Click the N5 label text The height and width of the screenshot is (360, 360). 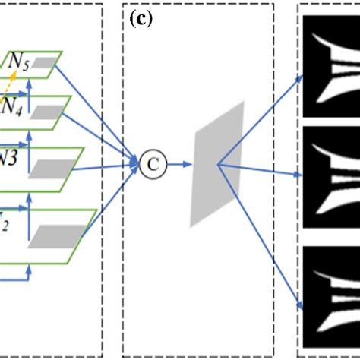coord(20,65)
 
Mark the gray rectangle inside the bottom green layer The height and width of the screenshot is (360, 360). coord(49,236)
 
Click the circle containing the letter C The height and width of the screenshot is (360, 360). coord(149,162)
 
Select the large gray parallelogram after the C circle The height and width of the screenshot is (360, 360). coord(218,163)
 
